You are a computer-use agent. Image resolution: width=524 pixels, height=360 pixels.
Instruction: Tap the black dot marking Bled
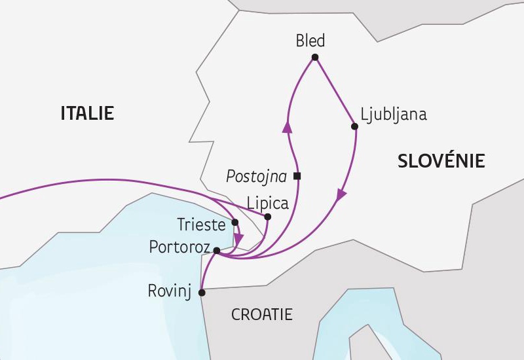tap(315, 58)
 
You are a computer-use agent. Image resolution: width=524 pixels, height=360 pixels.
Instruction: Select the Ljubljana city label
tap(393, 114)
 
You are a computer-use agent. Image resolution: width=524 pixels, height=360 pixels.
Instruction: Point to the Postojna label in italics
tap(257, 175)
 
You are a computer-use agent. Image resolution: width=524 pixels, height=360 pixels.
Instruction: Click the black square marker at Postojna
tap(297, 176)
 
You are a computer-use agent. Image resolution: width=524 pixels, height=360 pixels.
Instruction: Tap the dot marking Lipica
tap(267, 217)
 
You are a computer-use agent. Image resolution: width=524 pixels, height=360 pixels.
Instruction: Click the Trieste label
tap(201, 225)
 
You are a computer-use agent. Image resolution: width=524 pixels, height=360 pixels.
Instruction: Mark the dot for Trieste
tap(235, 223)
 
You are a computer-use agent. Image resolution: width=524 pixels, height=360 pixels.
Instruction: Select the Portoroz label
tap(179, 248)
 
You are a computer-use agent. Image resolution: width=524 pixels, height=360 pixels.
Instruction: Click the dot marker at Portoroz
tap(217, 250)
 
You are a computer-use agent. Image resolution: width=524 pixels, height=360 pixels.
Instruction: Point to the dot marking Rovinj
tap(202, 293)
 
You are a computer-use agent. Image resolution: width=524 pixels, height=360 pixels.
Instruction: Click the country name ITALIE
tap(87, 113)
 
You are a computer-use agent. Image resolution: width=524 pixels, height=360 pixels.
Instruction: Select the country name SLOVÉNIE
tap(441, 160)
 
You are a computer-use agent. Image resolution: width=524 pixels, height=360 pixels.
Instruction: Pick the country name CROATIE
tap(261, 315)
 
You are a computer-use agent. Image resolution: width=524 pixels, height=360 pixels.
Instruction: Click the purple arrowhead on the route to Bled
tap(287, 127)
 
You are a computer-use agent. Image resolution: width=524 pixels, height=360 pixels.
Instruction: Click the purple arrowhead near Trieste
tap(239, 238)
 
